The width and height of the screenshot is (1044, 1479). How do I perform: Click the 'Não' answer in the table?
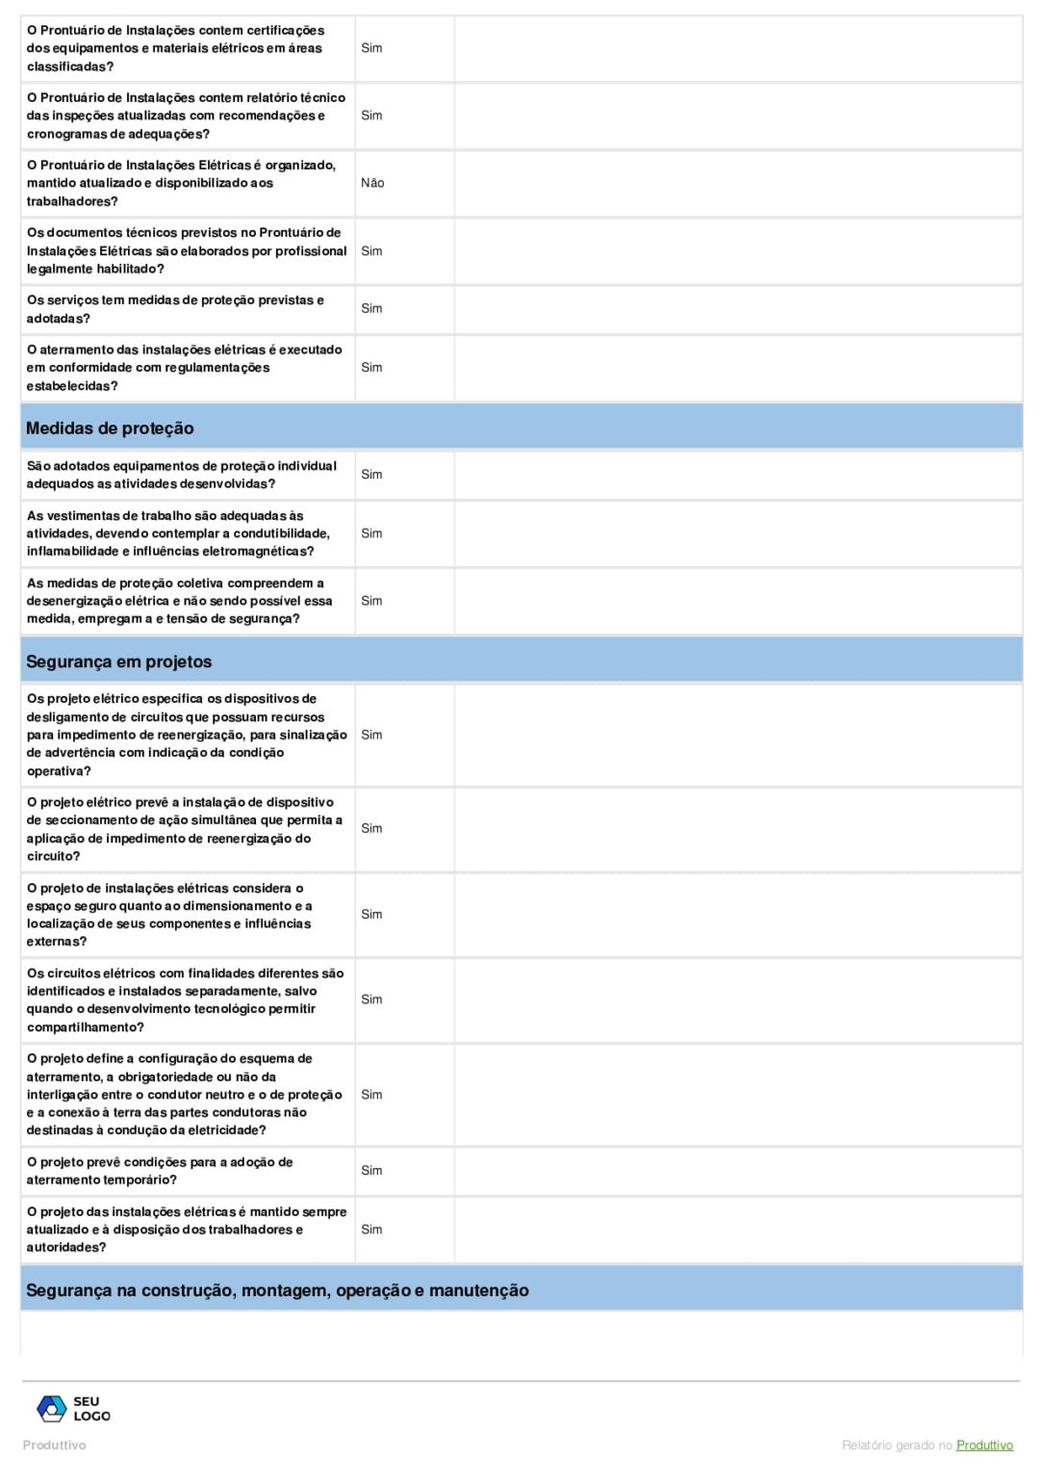[x=372, y=183]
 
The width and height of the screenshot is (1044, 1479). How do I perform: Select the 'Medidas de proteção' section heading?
[x=110, y=428]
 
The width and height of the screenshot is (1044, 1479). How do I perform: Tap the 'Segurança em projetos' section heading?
[x=118, y=662]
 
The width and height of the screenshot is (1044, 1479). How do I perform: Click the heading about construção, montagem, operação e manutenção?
[x=277, y=1290]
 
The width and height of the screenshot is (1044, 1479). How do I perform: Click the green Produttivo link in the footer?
[x=984, y=1445]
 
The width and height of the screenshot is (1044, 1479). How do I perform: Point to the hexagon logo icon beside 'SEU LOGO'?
[x=51, y=1409]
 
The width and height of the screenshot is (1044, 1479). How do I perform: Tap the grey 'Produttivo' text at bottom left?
[x=54, y=1445]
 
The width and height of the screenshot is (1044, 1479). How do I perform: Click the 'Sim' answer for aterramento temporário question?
[x=371, y=1171]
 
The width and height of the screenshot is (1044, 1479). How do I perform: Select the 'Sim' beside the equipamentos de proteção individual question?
[x=371, y=475]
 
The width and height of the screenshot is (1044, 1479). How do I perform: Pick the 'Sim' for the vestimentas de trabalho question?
[x=371, y=533]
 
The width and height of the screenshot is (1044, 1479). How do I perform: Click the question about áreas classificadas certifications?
[x=175, y=48]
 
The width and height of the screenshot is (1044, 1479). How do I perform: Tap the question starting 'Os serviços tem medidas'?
[x=175, y=309]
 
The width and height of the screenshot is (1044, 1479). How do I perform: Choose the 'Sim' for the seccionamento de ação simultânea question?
[x=371, y=828]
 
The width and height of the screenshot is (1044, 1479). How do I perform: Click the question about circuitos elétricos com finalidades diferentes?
[x=185, y=1000]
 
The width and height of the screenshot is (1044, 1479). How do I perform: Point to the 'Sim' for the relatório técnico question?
[x=371, y=116]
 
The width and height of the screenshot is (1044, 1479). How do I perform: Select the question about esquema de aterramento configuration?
[x=184, y=1095]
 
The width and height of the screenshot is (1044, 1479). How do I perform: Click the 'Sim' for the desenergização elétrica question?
[x=371, y=601]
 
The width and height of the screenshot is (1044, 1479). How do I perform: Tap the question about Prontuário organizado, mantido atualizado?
[x=181, y=183]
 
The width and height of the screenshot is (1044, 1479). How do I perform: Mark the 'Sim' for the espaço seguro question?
[x=371, y=915]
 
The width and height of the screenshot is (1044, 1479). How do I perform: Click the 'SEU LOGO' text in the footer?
[x=91, y=1409]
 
